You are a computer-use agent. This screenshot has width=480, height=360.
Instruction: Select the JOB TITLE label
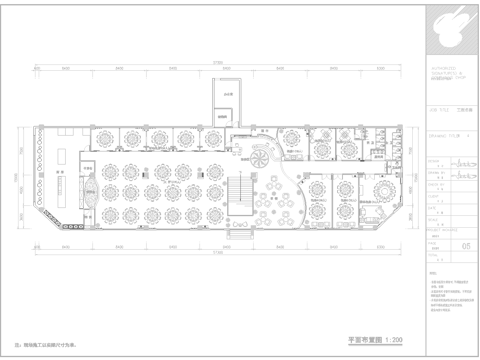pyautogui.click(x=434, y=112)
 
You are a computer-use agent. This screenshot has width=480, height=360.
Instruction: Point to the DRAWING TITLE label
pyautogui.click(x=436, y=131)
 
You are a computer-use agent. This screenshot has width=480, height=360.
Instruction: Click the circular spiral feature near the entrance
pyautogui.click(x=262, y=155)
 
